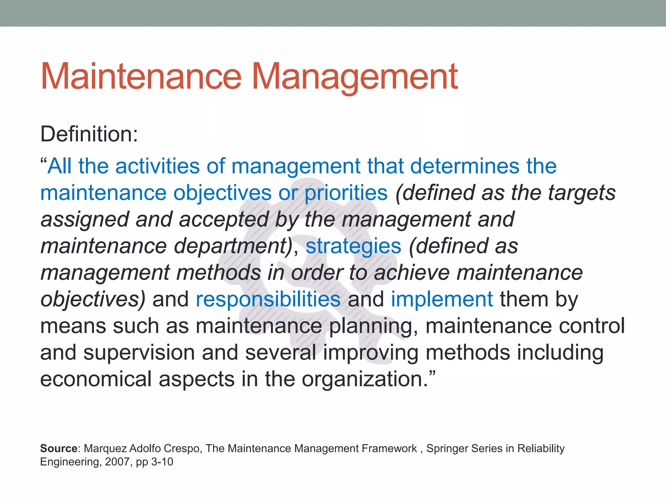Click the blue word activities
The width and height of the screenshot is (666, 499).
(157, 166)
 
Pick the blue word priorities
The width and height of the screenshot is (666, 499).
(346, 193)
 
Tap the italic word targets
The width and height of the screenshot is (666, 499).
(582, 193)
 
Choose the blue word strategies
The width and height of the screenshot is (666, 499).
(353, 246)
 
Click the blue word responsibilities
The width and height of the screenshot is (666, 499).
(268, 299)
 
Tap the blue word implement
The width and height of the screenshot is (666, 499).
(442, 299)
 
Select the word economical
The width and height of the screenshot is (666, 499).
(96, 379)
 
